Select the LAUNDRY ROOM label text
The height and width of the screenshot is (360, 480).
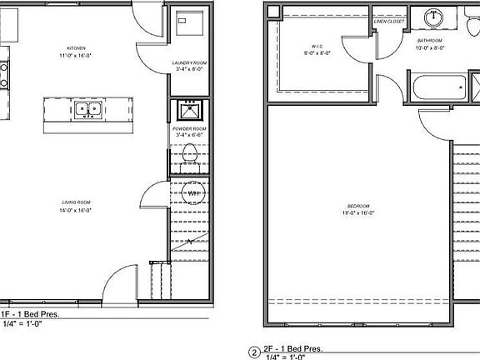[x=188, y=63]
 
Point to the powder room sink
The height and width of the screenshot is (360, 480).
[x=189, y=111]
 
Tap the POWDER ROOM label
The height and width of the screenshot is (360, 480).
[x=189, y=130]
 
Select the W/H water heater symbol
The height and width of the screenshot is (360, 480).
[x=192, y=193]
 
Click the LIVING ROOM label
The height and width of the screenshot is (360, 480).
[x=77, y=202]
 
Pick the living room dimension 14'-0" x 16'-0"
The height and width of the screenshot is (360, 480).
[x=77, y=211]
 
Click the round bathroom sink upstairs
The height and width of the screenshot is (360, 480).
[x=435, y=19]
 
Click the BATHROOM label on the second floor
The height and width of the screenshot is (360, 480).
[x=430, y=40]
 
